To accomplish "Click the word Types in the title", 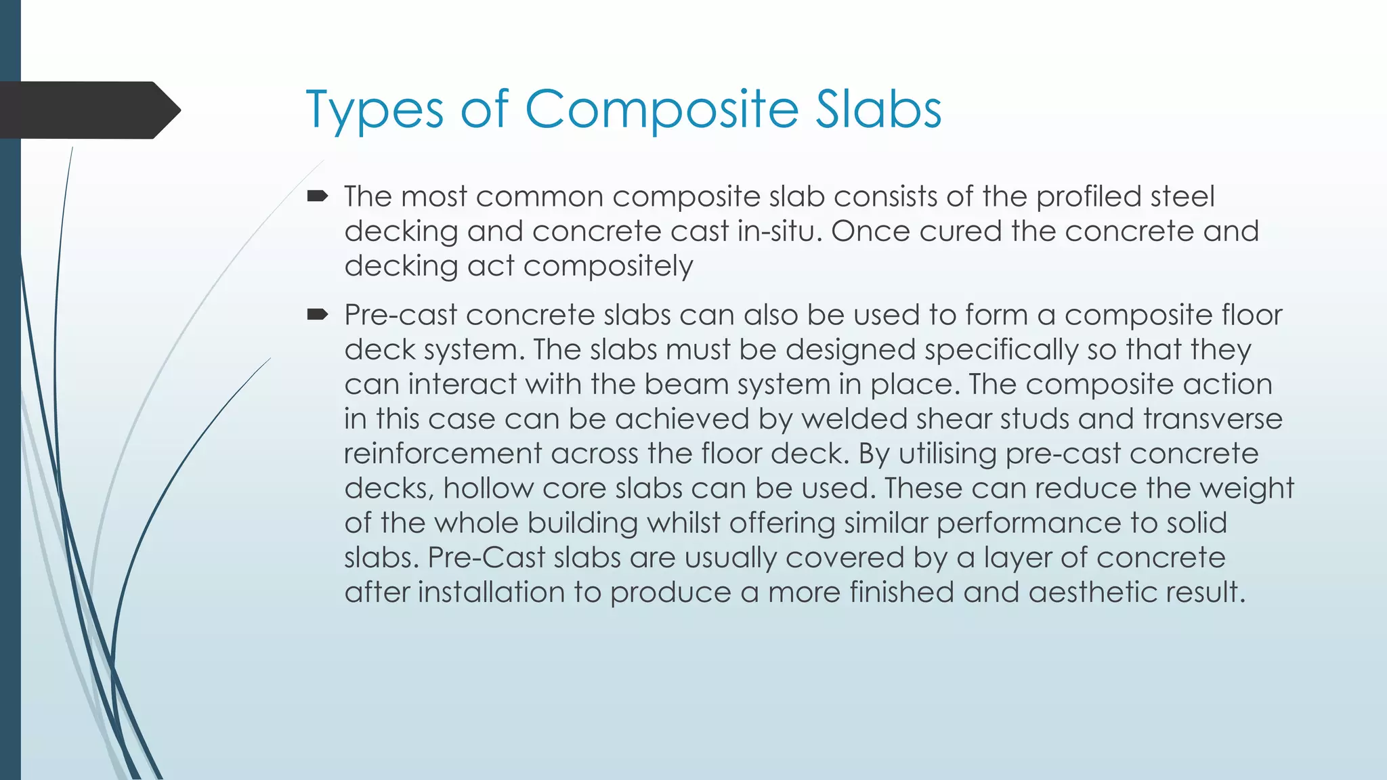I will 375,110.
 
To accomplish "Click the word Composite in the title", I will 662,110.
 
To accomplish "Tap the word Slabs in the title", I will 878,110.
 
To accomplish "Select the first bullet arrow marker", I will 317,197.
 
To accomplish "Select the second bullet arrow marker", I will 317,315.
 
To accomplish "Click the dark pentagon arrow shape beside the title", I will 88,110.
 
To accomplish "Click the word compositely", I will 608,266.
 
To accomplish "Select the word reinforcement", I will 443,454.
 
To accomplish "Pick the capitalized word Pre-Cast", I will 486,558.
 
